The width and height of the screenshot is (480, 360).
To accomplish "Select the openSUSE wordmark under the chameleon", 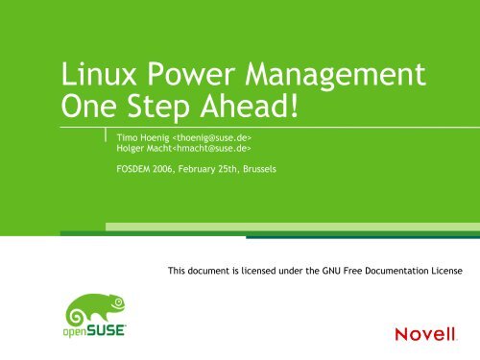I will point(95,334).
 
